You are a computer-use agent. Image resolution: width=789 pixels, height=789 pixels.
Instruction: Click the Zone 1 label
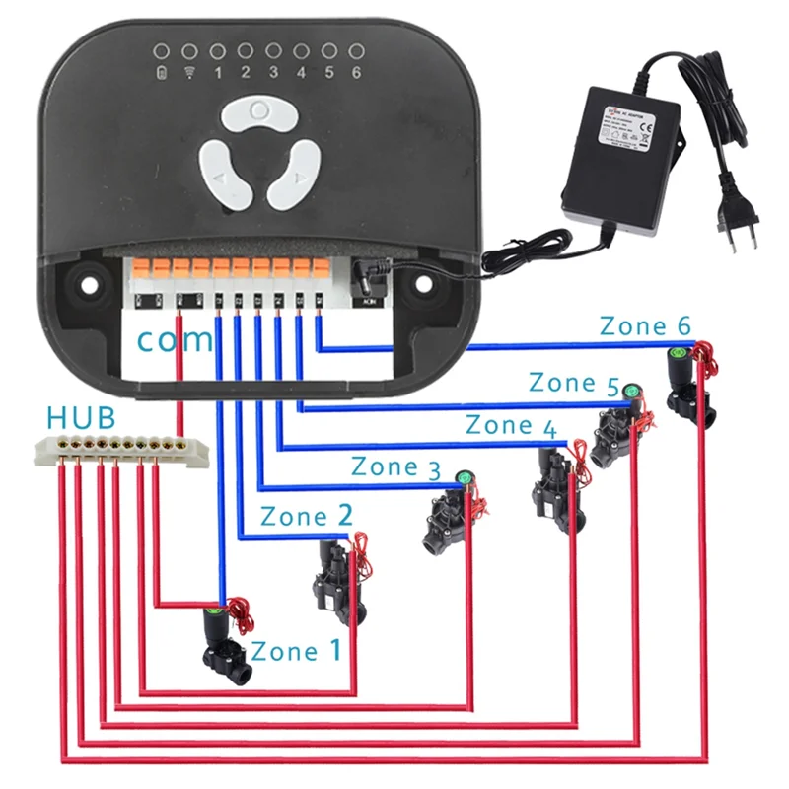pos(297,651)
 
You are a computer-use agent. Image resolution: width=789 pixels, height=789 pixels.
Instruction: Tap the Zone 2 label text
pos(306,516)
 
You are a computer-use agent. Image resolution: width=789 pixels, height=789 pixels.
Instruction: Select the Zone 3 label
pos(395,466)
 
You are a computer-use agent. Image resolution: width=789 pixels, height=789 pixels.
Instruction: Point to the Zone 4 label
pos(510,426)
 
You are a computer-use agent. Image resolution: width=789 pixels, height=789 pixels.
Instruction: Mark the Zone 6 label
pos(646,326)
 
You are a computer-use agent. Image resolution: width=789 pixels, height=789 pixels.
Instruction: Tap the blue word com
pos(174,340)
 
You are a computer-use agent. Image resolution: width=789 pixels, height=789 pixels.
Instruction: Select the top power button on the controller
pos(258,111)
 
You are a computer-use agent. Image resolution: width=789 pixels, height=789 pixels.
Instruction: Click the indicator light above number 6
pos(356,50)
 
